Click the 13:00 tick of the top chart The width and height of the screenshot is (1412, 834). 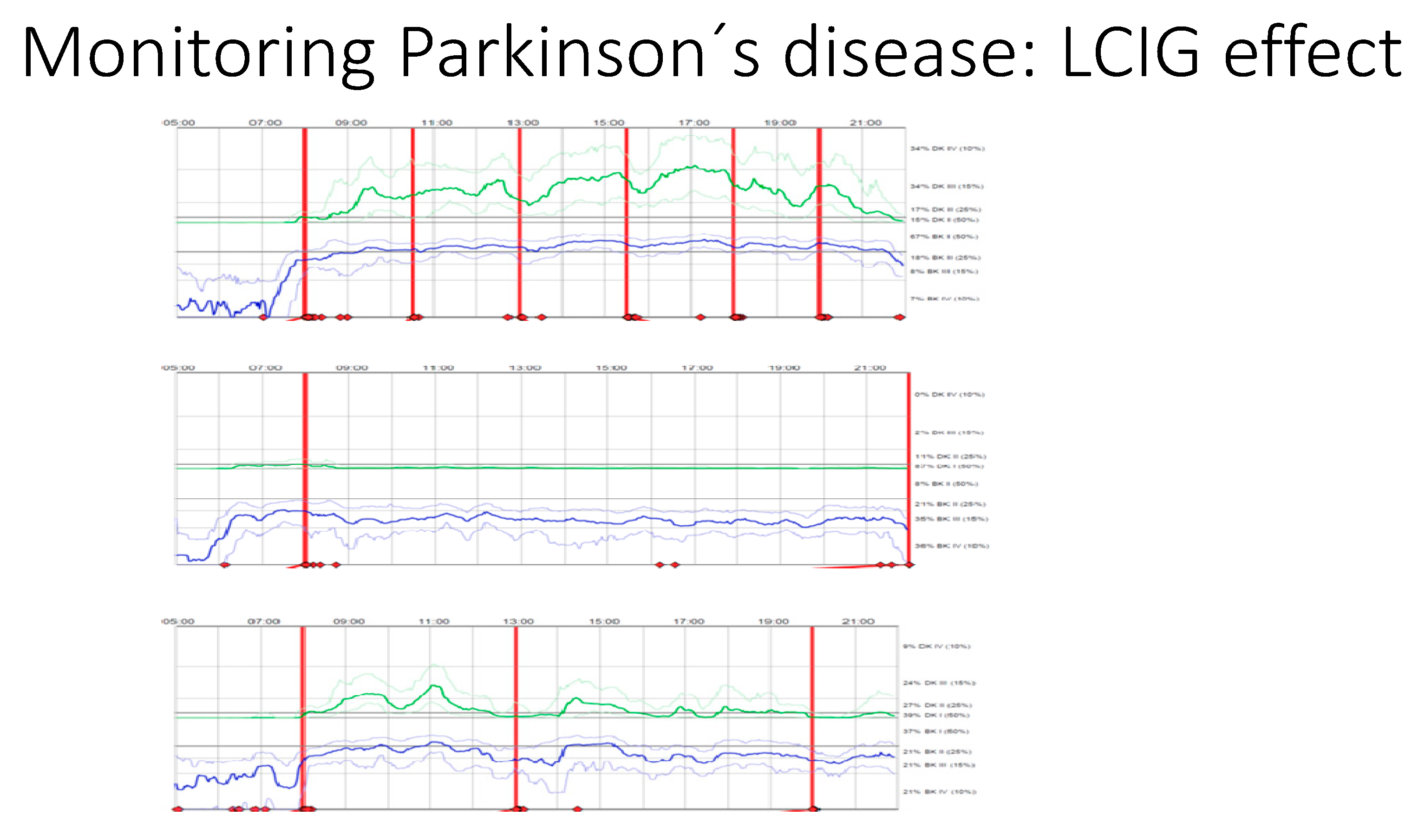tap(523, 123)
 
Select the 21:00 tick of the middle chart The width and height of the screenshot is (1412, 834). tap(869, 367)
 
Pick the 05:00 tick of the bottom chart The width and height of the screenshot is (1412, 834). tap(179, 621)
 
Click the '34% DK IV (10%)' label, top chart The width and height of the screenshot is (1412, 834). tap(947, 149)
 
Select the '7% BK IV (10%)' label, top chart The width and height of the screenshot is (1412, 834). tap(945, 299)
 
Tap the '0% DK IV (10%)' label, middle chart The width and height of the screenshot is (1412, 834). tap(949, 395)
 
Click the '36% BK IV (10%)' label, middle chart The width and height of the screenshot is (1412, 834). tap(952, 546)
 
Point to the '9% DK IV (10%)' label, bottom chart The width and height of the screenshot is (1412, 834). tap(936, 646)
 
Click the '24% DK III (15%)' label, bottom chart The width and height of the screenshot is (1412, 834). tap(939, 683)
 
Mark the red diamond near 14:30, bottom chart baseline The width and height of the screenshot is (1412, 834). tap(577, 809)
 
